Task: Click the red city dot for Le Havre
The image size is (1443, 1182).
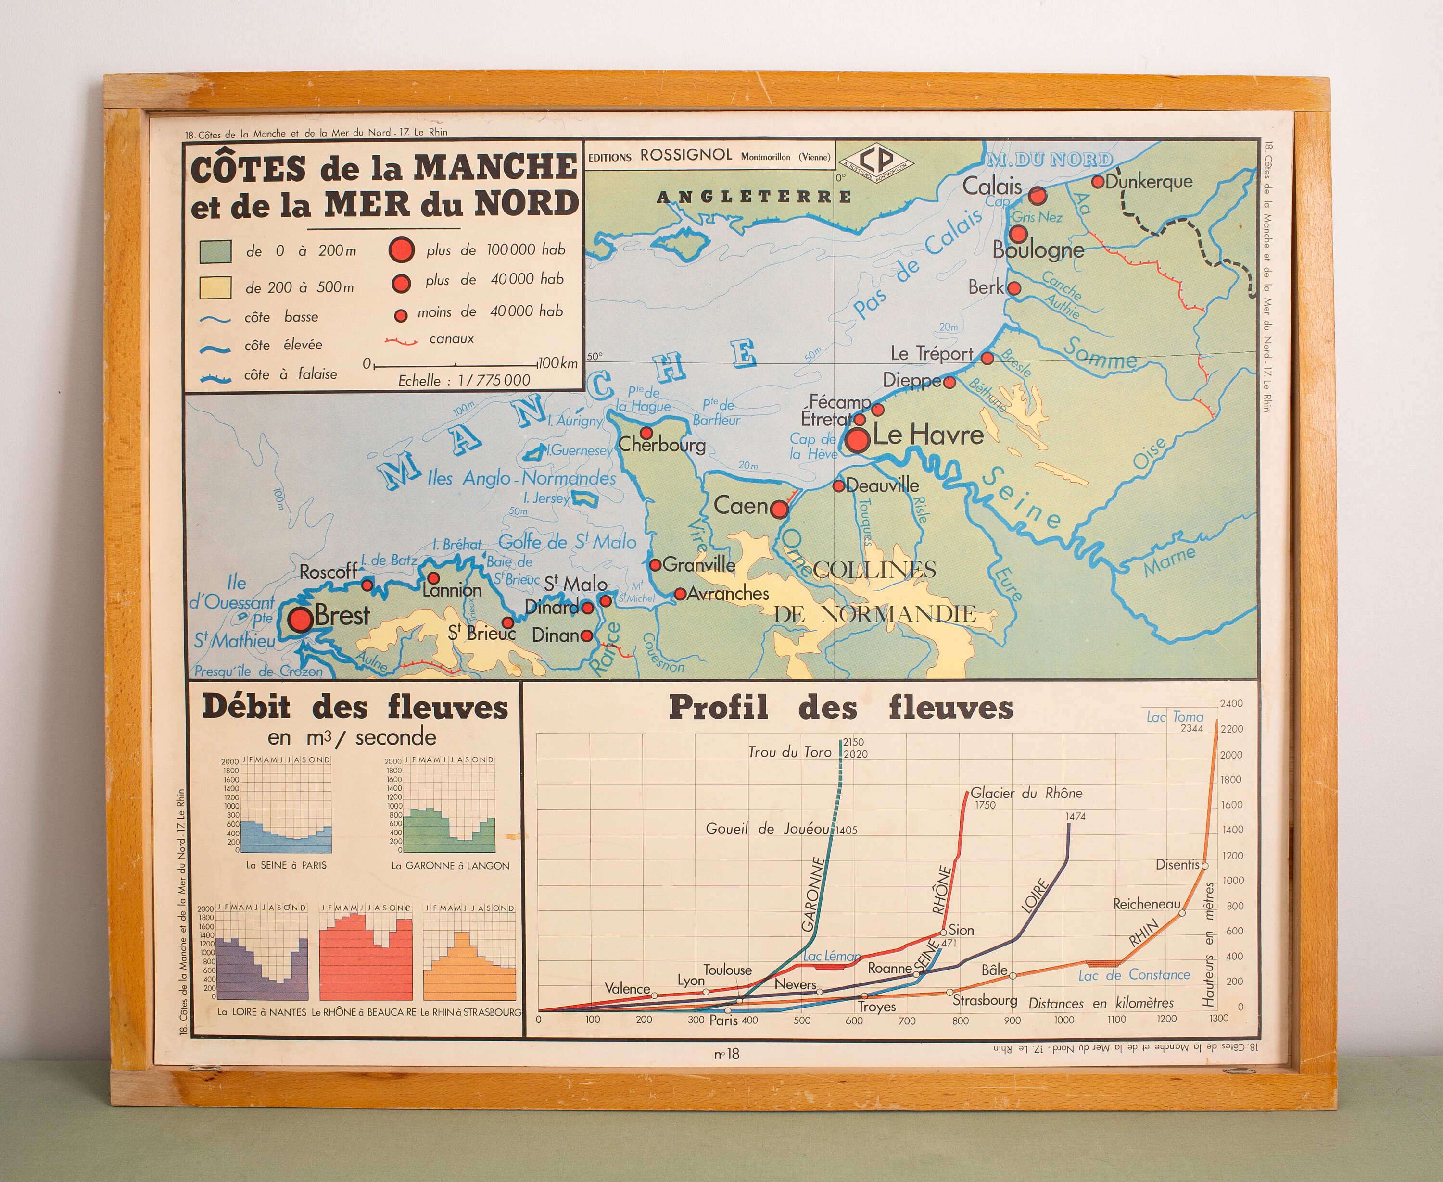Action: coord(858,440)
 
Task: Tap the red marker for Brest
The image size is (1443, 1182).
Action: coord(300,619)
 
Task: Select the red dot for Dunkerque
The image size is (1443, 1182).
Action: coord(1098,182)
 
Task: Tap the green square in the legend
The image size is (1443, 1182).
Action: coord(215,251)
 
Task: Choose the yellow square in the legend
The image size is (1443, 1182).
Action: coord(215,287)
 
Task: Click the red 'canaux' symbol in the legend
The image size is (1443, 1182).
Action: coord(401,340)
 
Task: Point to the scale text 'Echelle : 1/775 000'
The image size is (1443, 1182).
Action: coord(464,381)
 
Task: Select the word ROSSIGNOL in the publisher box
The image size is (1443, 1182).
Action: coord(686,155)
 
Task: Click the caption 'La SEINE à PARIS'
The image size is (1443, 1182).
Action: coord(286,865)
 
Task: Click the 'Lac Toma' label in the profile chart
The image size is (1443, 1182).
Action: coord(1175,717)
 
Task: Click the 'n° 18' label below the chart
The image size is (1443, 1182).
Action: coord(726,1054)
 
